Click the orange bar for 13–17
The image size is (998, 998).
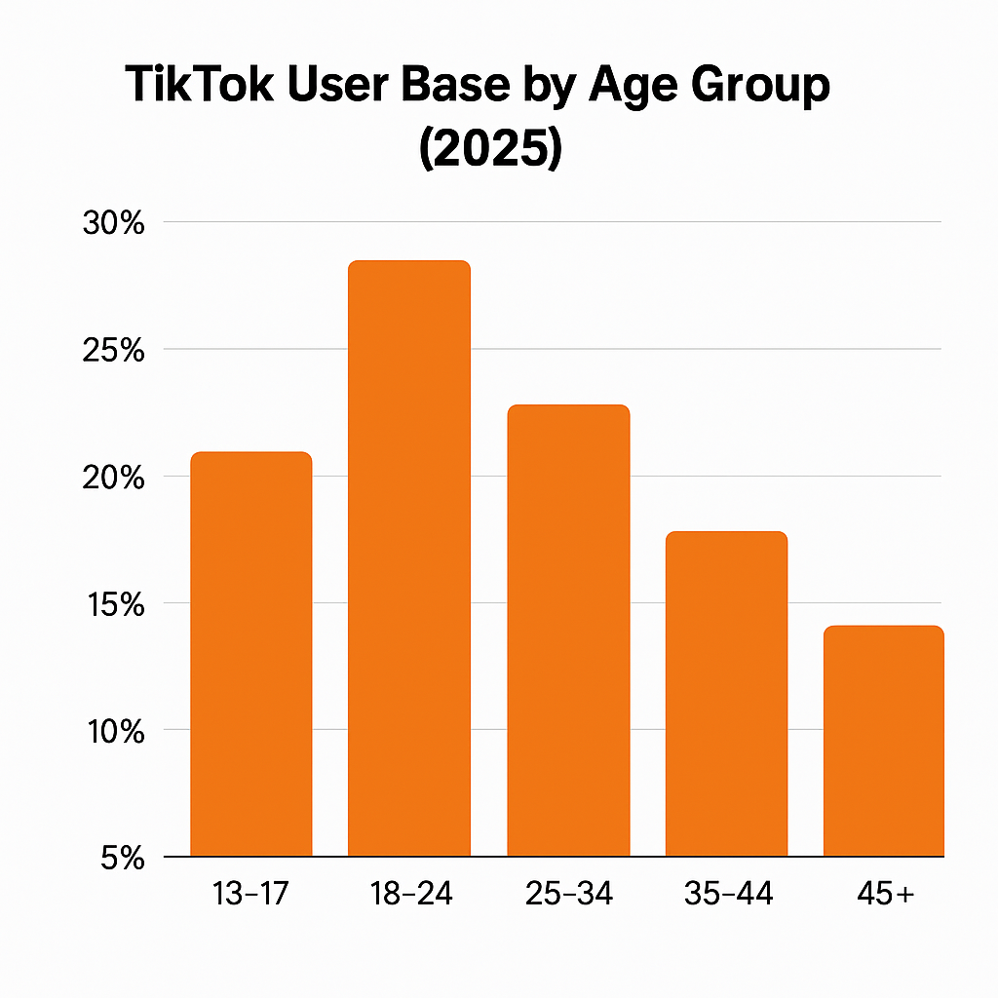[x=250, y=654]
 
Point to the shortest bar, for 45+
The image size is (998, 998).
[x=883, y=741]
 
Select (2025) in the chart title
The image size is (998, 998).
[x=490, y=151]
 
